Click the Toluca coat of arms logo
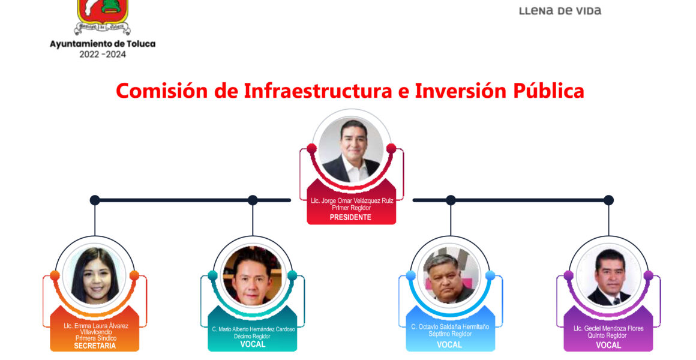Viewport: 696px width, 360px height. point(103,17)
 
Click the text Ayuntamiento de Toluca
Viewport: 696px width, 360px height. point(103,44)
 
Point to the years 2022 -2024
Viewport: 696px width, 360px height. point(103,55)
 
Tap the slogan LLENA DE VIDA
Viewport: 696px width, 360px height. point(560,11)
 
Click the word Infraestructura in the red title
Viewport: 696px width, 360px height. point(318,91)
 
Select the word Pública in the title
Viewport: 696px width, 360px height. point(548,91)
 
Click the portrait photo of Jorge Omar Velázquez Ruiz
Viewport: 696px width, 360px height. point(351,150)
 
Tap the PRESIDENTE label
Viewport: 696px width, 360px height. point(350,218)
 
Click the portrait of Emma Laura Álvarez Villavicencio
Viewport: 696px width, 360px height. point(95,275)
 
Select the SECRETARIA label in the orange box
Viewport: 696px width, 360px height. point(95,346)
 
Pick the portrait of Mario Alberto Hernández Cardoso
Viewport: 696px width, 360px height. point(253,275)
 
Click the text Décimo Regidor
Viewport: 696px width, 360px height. point(253,337)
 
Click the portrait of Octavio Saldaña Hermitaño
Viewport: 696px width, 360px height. point(451,275)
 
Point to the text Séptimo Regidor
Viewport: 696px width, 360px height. point(450,334)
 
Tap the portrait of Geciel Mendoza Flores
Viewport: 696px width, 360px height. point(608,275)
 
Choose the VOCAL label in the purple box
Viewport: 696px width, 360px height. point(608,345)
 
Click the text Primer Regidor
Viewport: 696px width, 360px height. point(351,208)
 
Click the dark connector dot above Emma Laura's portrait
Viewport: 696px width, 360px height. point(95,200)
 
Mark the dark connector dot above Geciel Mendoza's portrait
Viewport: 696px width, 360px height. point(608,200)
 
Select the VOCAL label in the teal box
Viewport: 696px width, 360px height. point(253,344)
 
